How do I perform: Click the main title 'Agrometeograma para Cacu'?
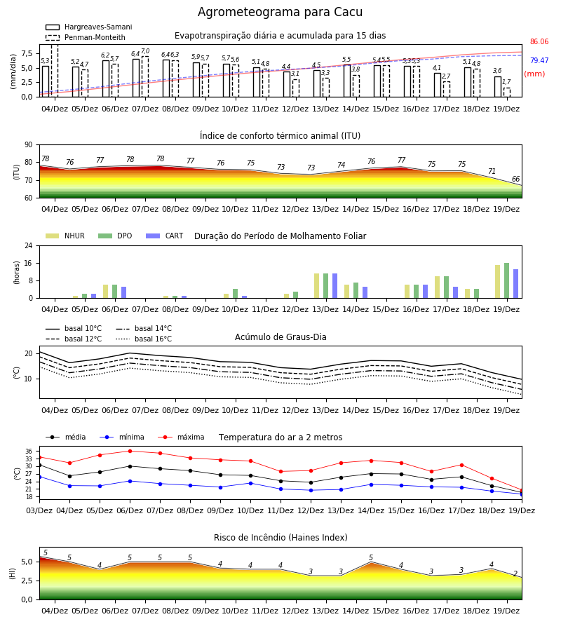pyautogui.click(x=280, y=12)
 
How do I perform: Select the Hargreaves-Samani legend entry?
pyautogui.click(x=88, y=27)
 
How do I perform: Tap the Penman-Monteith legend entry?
pyautogui.click(x=86, y=37)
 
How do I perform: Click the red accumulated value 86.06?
pyautogui.click(x=539, y=41)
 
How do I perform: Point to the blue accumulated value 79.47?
pyautogui.click(x=539, y=60)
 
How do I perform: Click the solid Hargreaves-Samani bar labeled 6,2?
pyautogui.click(x=106, y=79)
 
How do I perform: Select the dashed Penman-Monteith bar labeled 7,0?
pyautogui.click(x=145, y=76)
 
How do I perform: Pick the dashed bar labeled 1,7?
pyautogui.click(x=507, y=93)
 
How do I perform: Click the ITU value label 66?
pyautogui.click(x=515, y=179)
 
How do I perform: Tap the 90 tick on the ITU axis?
pyautogui.click(x=29, y=145)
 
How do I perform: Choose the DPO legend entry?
pyautogui.click(x=115, y=236)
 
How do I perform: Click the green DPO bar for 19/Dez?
pyautogui.click(x=507, y=281)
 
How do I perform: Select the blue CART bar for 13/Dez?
pyautogui.click(x=334, y=286)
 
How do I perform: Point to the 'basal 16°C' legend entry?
pyautogui.click(x=144, y=339)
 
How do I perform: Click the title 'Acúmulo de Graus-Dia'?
pyautogui.click(x=280, y=337)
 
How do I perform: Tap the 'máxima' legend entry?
pyautogui.click(x=181, y=437)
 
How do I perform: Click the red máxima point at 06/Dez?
pyautogui.click(x=130, y=451)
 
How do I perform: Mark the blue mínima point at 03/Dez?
pyautogui.click(x=39, y=477)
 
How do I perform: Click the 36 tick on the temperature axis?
pyautogui.click(x=29, y=451)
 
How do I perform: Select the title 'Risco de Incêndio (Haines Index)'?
pyautogui.click(x=280, y=538)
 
